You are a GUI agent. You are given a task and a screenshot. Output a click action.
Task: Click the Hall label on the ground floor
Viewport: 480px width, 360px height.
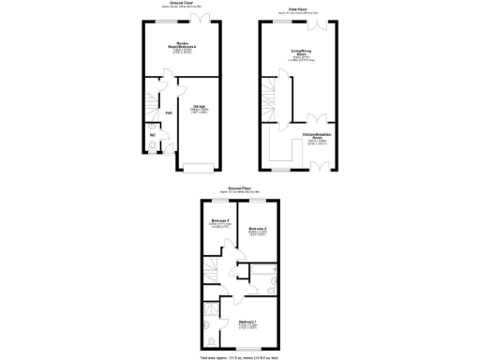tap(169, 114)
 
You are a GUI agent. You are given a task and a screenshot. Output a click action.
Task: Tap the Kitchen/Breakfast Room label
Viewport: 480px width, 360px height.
tap(320, 139)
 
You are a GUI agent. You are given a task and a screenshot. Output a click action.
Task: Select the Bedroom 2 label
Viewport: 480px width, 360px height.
tap(258, 231)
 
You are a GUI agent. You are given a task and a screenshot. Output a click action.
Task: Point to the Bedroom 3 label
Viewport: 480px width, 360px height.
tap(220, 222)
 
